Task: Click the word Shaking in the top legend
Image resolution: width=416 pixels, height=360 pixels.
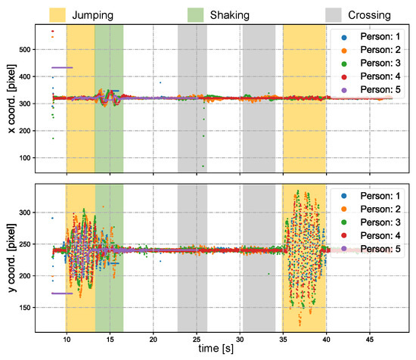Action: (250, 13)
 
